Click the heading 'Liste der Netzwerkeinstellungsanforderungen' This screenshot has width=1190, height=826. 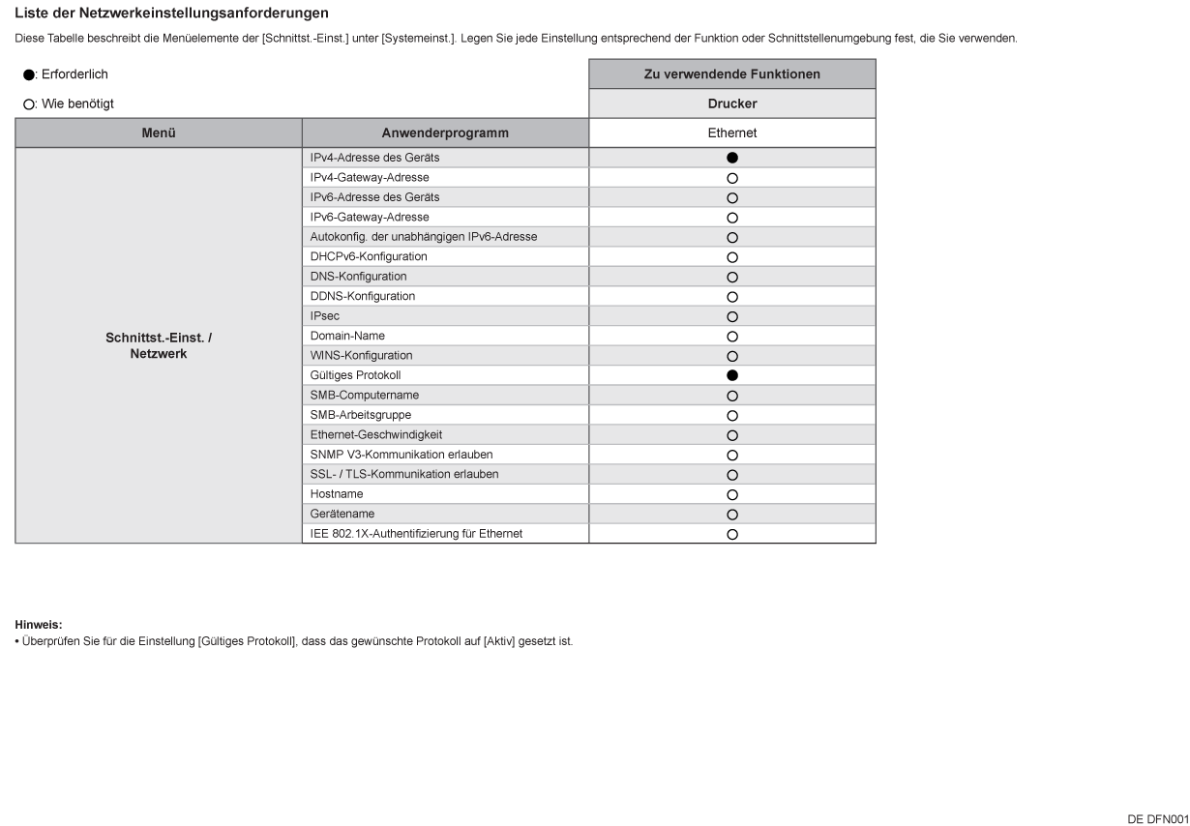tap(171, 14)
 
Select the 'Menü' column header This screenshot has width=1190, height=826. tap(159, 133)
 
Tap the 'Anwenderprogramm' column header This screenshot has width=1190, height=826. tap(445, 133)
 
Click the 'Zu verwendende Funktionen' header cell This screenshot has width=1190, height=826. tap(732, 74)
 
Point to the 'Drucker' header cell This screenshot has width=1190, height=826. tap(732, 103)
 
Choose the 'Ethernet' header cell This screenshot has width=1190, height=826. tap(732, 133)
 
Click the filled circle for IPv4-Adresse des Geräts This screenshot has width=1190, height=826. tap(732, 158)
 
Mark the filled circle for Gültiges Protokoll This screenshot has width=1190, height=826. tap(732, 375)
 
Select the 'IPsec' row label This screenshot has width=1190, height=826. tap(325, 316)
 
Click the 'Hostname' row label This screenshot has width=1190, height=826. tap(337, 494)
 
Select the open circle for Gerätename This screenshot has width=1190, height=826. tap(732, 515)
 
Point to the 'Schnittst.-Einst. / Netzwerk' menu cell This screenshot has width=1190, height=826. tap(159, 346)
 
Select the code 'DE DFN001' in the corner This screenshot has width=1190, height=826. tap(1157, 819)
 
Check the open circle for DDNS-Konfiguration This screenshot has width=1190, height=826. tap(732, 297)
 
